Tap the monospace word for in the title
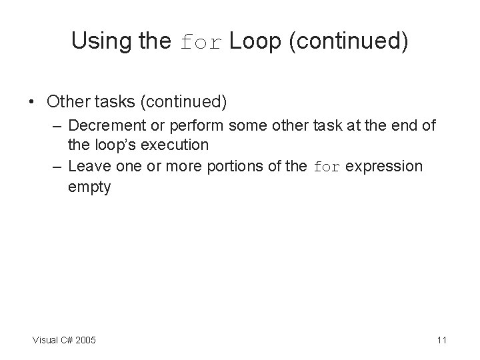(202, 43)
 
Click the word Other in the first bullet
(66, 102)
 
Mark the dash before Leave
(57, 166)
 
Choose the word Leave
(87, 166)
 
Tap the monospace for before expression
(326, 167)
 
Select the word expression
(384, 166)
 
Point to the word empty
(89, 187)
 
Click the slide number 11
(441, 341)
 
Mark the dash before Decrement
(57, 125)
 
